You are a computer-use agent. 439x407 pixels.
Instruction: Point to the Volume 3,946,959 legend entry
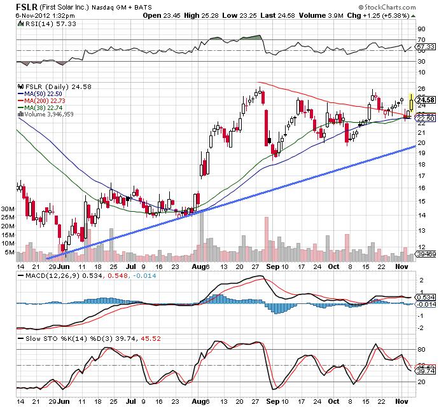coord(47,114)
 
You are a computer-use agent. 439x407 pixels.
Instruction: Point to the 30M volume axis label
coord(8,209)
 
